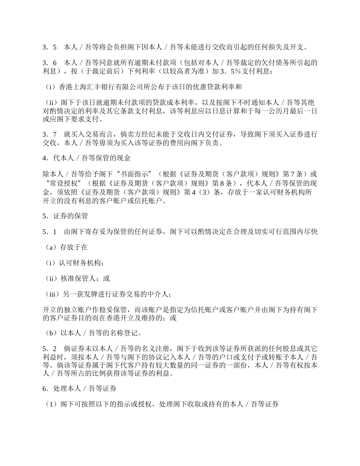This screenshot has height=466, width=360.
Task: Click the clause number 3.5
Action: click(49, 47)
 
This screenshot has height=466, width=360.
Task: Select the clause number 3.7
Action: click(49, 134)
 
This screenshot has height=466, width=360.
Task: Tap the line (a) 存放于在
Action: click(67, 247)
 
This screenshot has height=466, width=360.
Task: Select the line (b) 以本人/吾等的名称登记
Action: click(93, 333)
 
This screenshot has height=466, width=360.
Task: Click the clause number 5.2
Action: click(49, 349)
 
